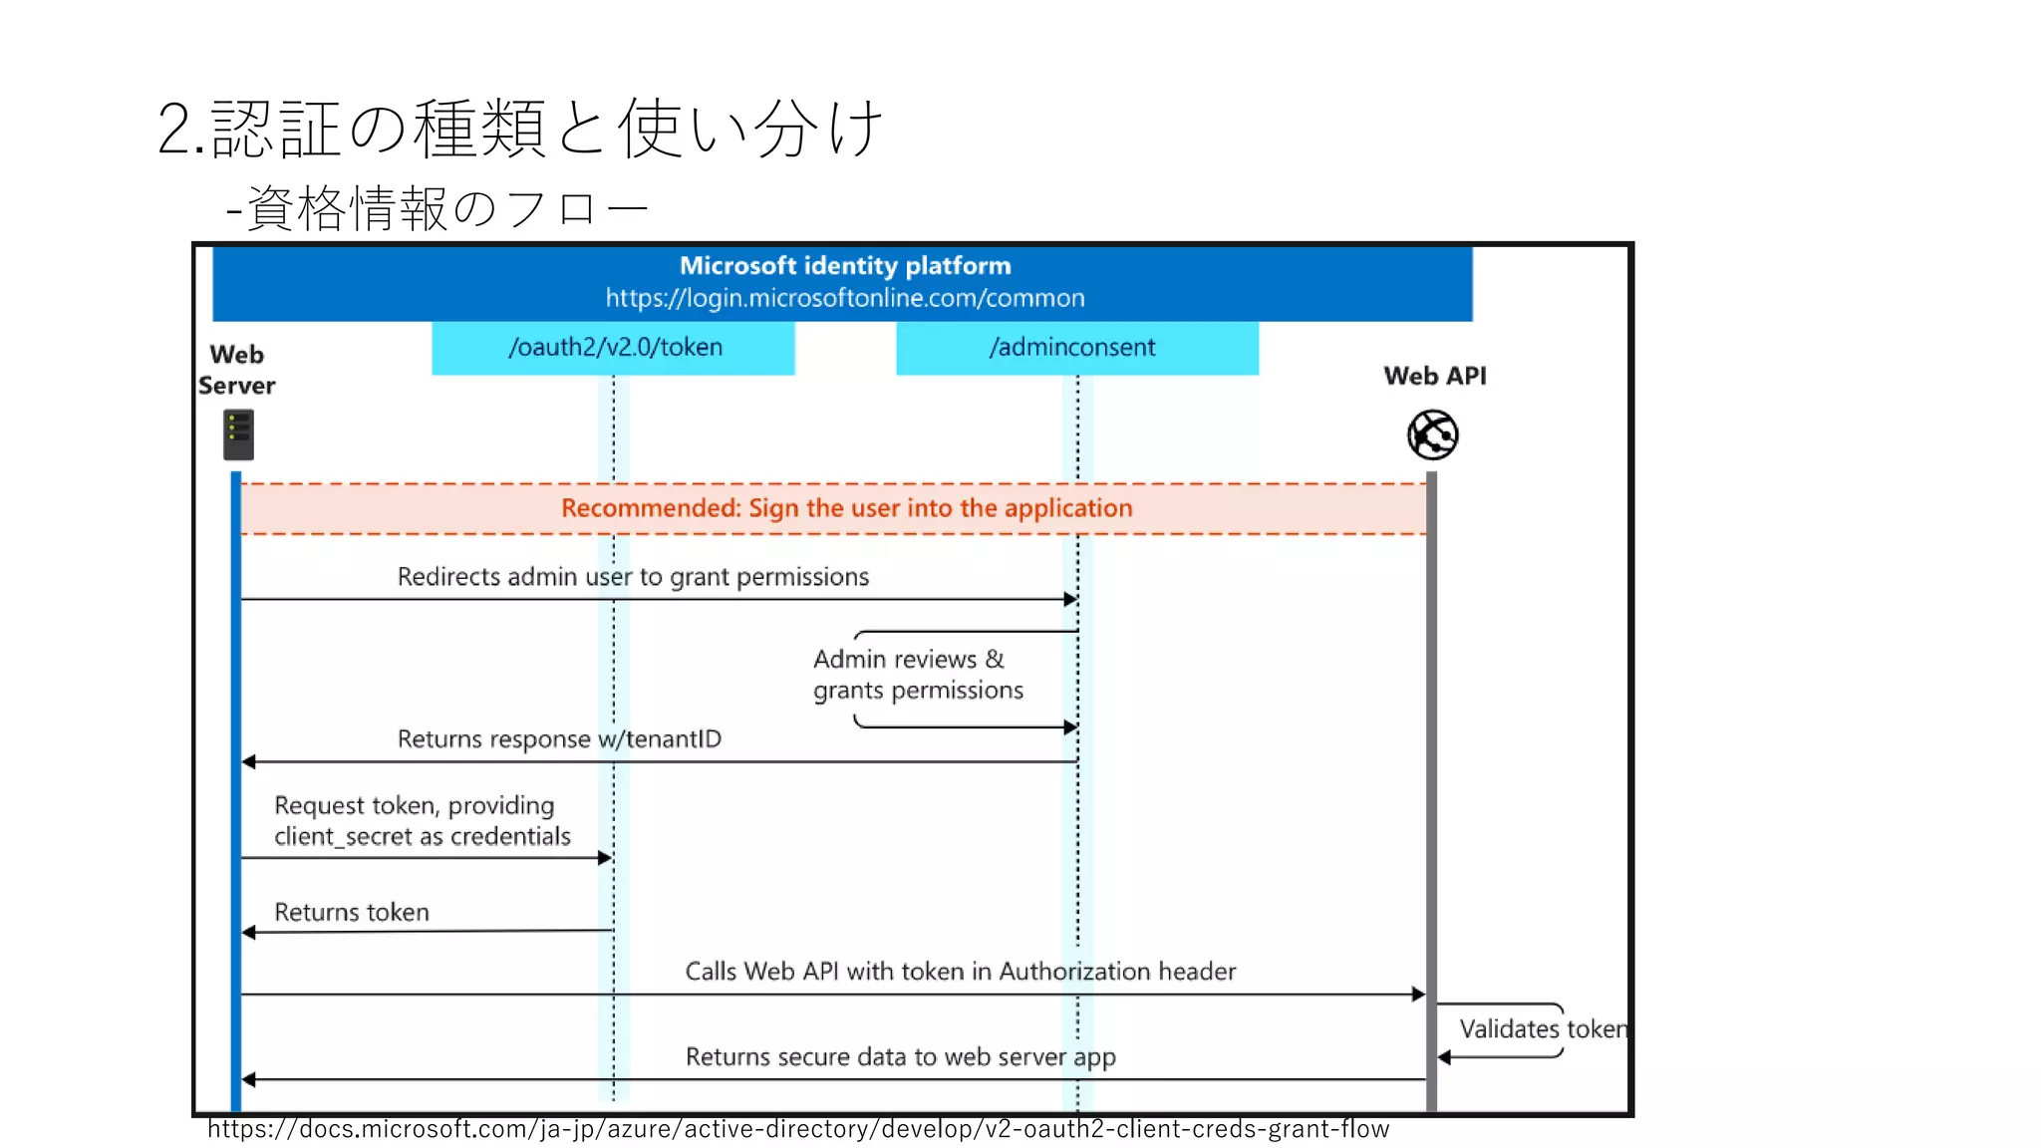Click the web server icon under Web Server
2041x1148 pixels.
coord(238,435)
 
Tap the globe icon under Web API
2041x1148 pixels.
coord(1432,435)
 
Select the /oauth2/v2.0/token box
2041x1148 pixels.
coord(614,348)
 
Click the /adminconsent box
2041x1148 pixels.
coord(1076,348)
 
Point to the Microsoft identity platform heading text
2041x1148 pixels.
coord(845,266)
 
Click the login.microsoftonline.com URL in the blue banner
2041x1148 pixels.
coord(845,298)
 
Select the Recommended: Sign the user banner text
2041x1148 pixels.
coord(846,508)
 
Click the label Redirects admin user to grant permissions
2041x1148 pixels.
coord(633,577)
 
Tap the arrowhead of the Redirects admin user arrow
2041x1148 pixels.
coord(1070,600)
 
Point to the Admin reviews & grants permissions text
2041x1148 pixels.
coord(917,675)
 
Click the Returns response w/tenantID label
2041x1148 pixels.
coord(559,739)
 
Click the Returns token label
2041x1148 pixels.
coord(352,913)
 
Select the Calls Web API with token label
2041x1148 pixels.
coord(960,972)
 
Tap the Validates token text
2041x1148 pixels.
coord(1542,1029)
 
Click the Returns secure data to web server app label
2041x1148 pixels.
coord(900,1057)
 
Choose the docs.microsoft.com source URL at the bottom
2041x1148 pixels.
coord(797,1129)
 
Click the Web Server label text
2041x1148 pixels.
coord(236,370)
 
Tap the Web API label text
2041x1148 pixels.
coord(1434,377)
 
